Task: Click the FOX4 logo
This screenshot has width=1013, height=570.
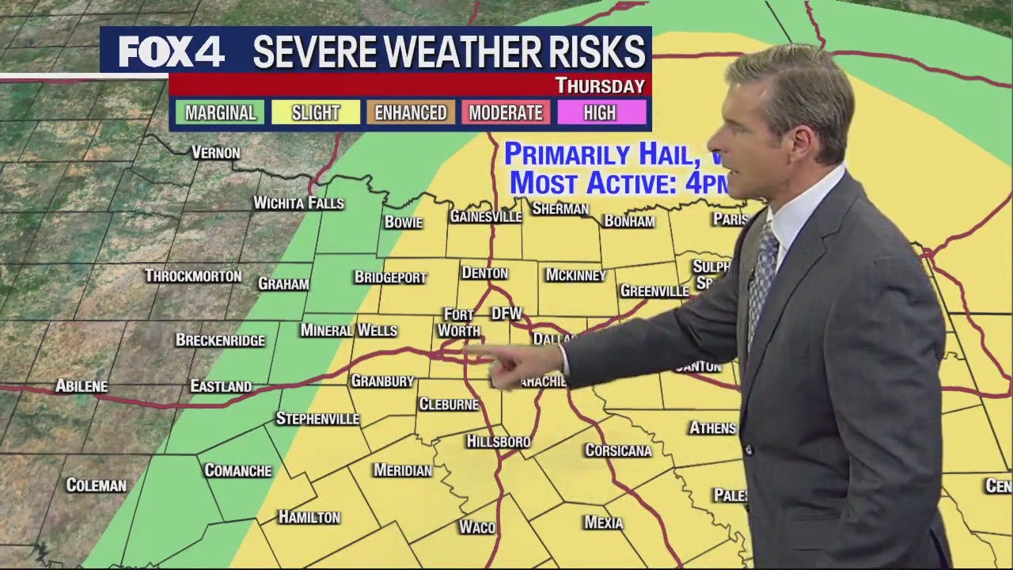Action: click(x=172, y=52)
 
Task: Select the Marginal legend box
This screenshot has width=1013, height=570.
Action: click(x=220, y=112)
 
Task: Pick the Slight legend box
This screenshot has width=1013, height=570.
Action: click(x=315, y=112)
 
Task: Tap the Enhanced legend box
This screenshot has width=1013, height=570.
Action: click(x=410, y=112)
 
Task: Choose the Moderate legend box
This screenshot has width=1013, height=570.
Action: click(x=506, y=112)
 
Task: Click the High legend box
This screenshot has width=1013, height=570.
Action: click(x=600, y=112)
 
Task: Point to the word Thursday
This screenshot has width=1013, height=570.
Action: click(x=600, y=85)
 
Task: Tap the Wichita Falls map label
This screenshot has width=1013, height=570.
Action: click(x=298, y=203)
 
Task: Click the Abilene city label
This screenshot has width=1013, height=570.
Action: click(x=82, y=386)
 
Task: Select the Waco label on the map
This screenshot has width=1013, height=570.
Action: click(x=476, y=526)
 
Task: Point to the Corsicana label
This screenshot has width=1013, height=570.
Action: click(x=618, y=450)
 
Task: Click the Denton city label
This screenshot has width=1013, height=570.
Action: click(x=484, y=273)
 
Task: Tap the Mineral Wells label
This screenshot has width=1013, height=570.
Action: click(x=348, y=330)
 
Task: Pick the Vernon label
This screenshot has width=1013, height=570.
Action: click(x=215, y=153)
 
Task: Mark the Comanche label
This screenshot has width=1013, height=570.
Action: click(x=237, y=470)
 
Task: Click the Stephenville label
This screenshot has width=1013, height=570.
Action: click(x=317, y=419)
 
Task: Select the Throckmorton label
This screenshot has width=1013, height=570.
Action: click(x=192, y=276)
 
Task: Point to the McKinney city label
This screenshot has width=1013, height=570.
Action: click(x=575, y=275)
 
